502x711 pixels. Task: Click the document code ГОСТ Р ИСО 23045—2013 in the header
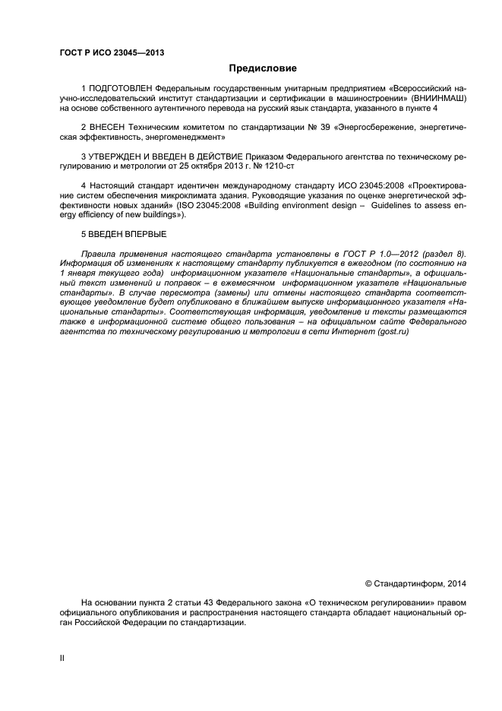click(112, 52)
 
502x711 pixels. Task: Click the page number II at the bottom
click(62, 658)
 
